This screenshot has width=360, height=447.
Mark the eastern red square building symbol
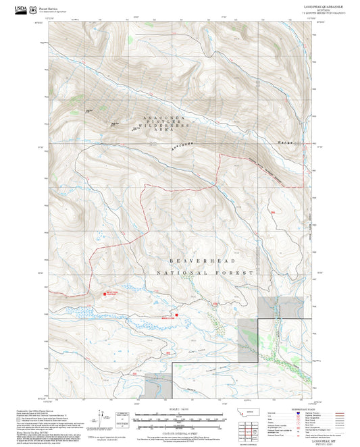tap(177, 313)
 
